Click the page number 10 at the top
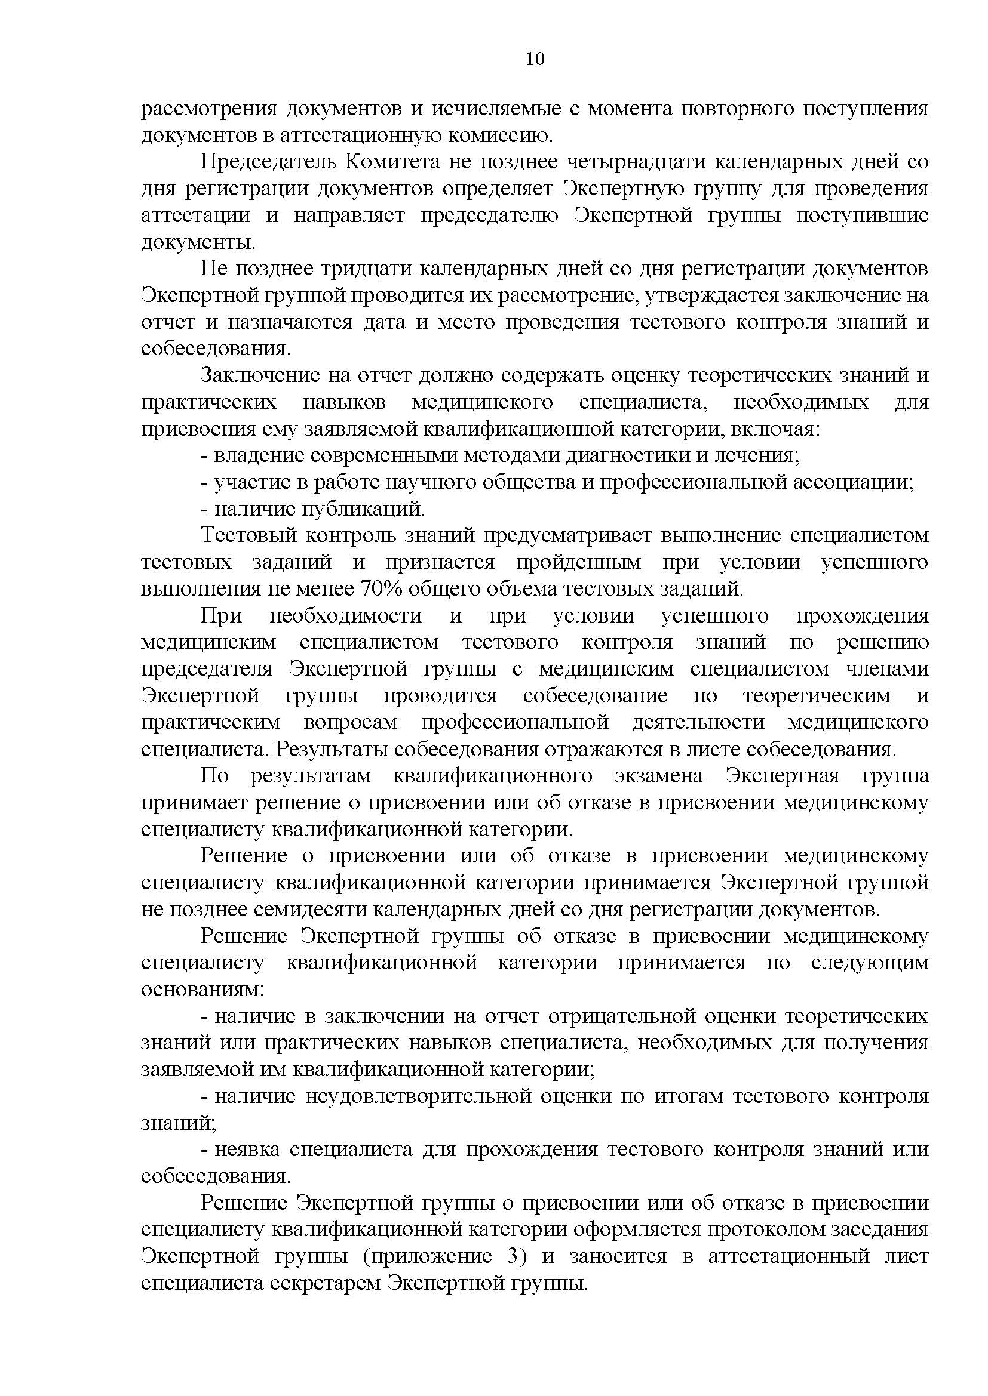click(535, 59)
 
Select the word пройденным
click(579, 562)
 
